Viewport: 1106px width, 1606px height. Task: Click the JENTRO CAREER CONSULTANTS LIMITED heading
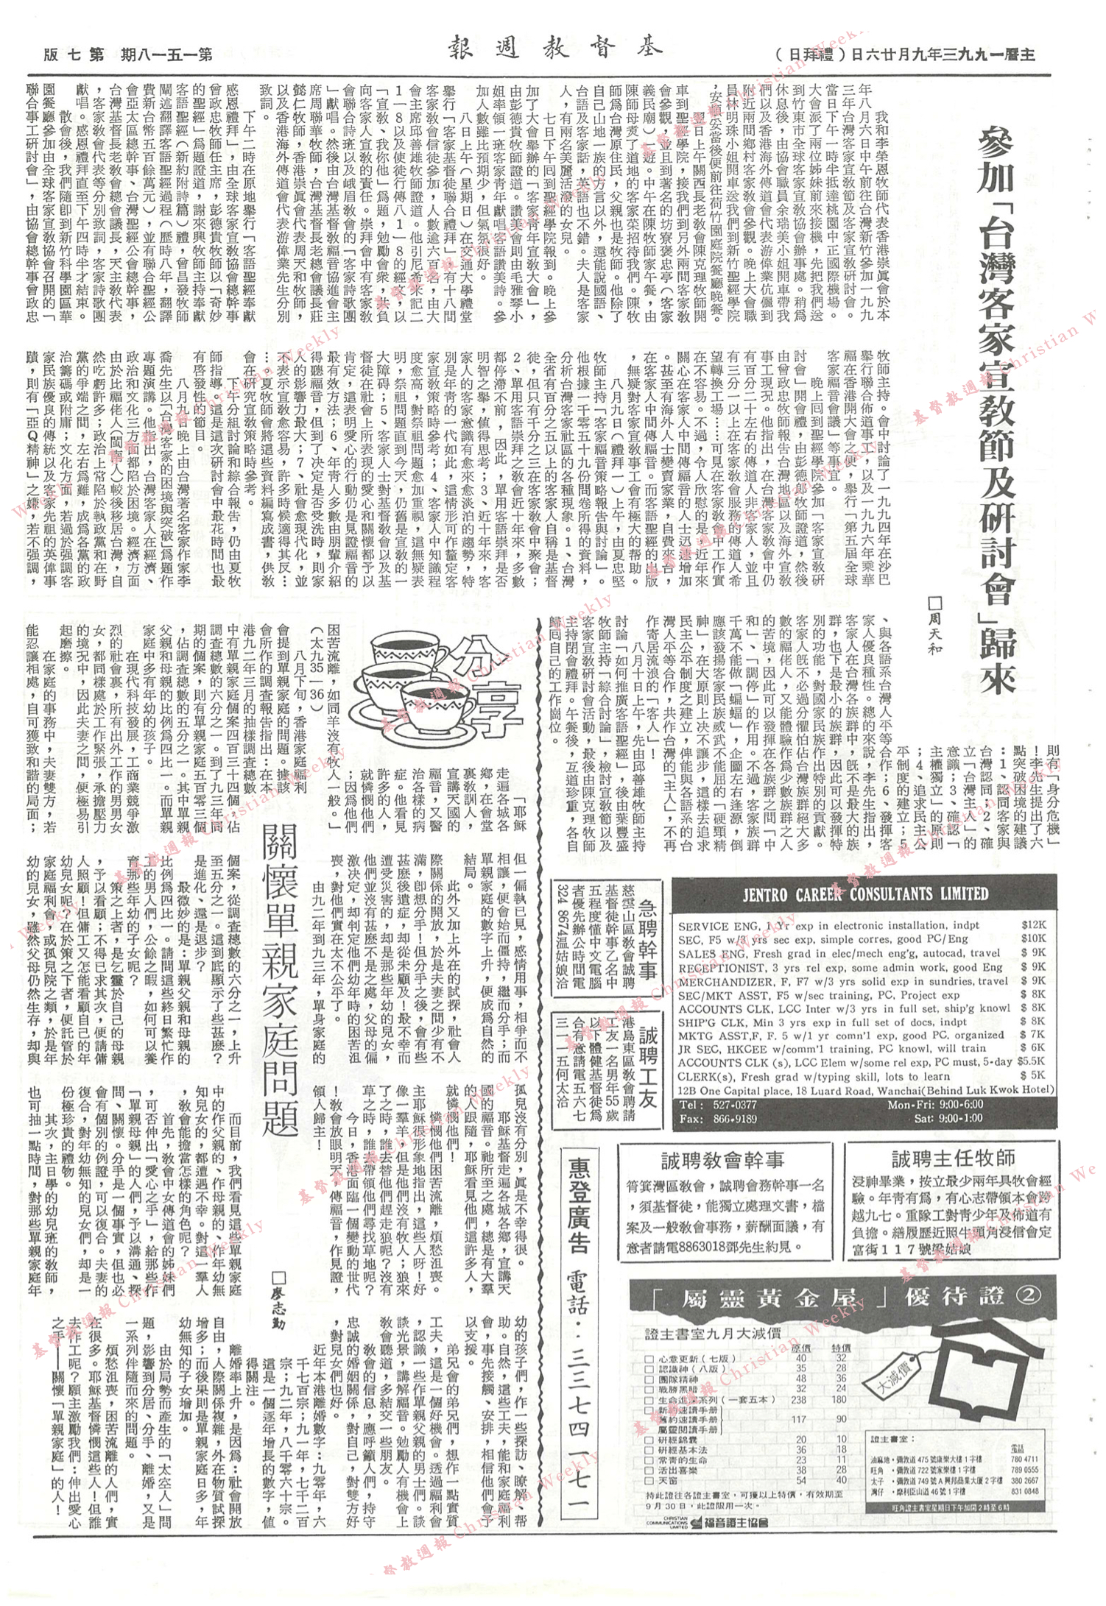tap(865, 894)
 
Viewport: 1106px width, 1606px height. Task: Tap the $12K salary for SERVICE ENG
tap(1033, 925)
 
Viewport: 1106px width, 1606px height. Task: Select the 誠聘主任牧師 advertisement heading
tap(953, 1160)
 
